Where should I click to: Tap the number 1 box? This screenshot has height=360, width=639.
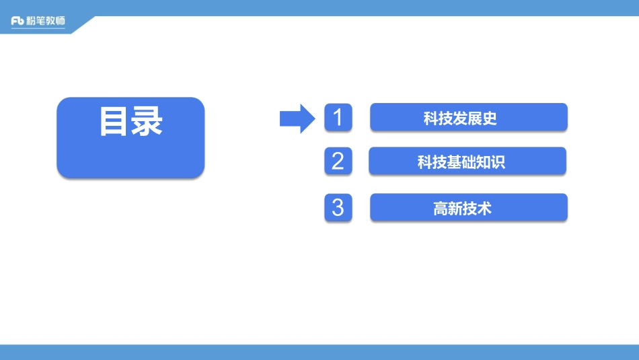(338, 118)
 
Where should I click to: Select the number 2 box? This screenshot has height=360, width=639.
(338, 161)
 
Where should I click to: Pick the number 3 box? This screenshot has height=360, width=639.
(338, 207)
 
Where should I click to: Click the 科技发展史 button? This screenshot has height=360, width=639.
(469, 118)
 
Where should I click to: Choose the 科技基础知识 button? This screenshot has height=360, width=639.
(467, 161)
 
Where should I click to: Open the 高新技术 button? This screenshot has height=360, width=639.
(469, 208)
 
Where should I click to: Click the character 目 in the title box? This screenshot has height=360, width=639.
(114, 122)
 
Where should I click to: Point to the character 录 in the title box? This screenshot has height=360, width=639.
(147, 122)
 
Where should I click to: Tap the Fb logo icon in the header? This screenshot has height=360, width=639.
(17, 22)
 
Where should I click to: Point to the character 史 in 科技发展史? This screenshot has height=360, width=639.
(490, 119)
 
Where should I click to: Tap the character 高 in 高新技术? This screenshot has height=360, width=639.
(441, 209)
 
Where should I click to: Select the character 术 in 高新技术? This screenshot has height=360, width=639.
(485, 209)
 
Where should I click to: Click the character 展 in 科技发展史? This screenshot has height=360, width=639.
(475, 119)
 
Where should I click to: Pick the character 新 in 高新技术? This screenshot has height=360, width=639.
(455, 209)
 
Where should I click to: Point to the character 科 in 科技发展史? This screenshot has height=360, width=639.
(430, 119)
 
